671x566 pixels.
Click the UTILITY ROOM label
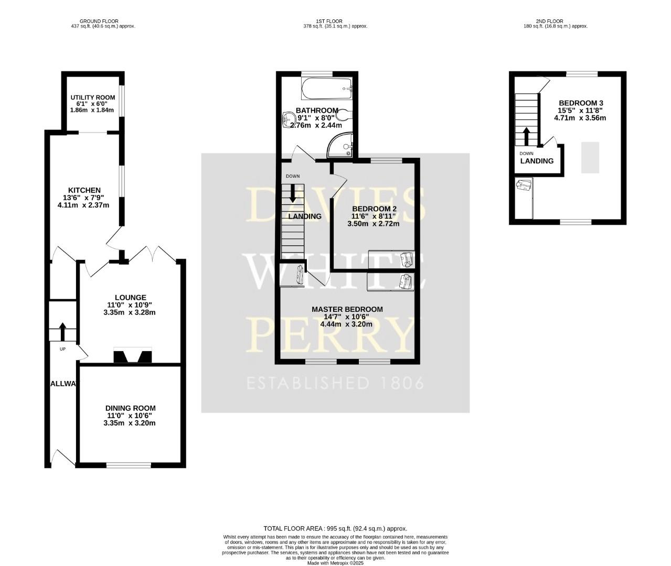tap(93, 97)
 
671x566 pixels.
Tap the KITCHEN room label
tap(84, 190)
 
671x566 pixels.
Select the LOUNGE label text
tap(131, 297)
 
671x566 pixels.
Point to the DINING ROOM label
tap(130, 408)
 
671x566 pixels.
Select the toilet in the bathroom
tap(345, 115)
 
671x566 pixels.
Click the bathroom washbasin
tap(288, 119)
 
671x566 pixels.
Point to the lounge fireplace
tap(132, 356)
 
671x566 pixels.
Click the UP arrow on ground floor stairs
tap(62, 332)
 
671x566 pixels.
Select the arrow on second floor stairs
tap(525, 136)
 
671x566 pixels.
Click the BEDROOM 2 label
tap(374, 209)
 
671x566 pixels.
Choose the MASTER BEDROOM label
tap(347, 309)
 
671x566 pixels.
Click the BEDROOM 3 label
tap(581, 103)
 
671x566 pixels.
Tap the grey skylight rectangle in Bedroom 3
tap(590, 157)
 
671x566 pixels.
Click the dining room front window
tap(129, 465)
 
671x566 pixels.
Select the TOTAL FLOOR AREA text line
tap(335, 529)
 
